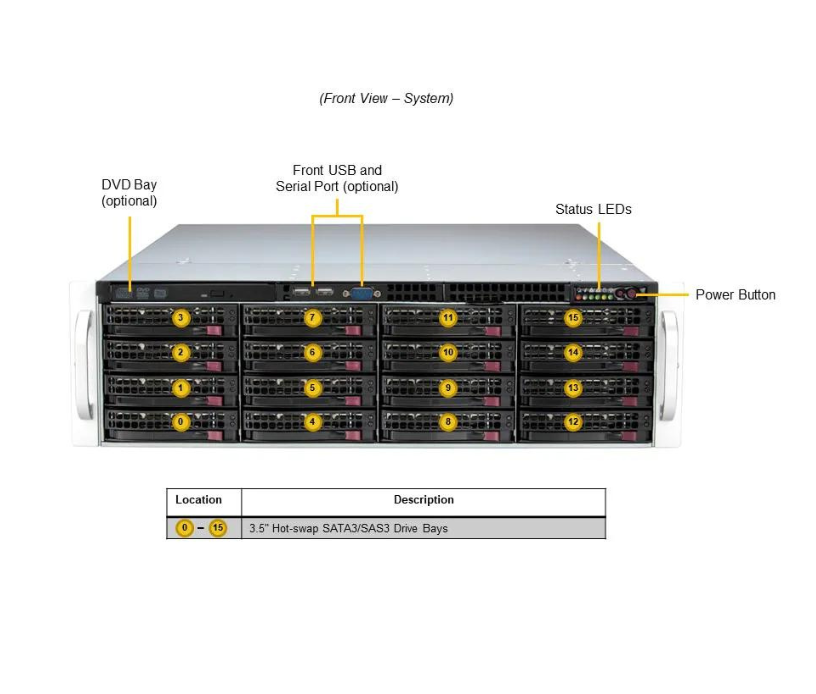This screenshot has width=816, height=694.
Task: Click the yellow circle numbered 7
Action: point(312,318)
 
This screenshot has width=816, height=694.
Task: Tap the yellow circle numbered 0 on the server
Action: point(181,422)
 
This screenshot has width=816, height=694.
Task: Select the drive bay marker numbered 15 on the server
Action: point(572,318)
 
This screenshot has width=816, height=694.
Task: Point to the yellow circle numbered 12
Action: point(572,422)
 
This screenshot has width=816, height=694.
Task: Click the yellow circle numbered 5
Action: point(312,387)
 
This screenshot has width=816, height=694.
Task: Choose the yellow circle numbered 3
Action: point(181,318)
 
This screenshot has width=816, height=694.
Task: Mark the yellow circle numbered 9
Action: point(448,387)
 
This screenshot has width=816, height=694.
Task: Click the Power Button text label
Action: point(735,295)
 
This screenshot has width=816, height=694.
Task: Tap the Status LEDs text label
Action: point(593,209)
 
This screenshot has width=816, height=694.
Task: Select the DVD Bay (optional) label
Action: point(129,193)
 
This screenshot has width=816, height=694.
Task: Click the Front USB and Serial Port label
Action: point(337,178)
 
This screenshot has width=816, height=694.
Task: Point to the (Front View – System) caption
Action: point(386,98)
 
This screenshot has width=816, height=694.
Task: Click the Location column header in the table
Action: point(198,500)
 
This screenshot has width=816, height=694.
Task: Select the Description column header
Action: point(423,500)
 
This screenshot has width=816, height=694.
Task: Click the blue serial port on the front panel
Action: point(362,293)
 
